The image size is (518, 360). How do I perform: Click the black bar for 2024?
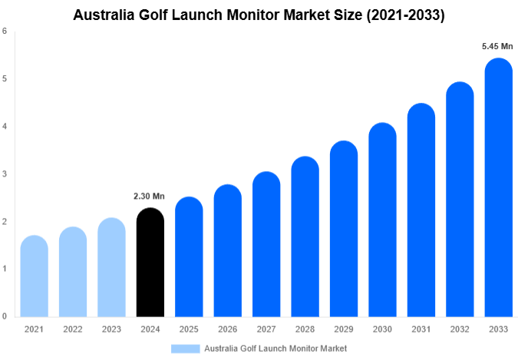click(150, 263)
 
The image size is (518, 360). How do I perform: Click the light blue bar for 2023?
click(111, 267)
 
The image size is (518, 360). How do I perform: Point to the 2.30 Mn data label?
click(150, 197)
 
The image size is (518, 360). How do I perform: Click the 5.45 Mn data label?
click(497, 47)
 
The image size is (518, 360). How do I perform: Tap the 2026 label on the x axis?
click(227, 329)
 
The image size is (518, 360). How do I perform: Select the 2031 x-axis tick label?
click(421, 329)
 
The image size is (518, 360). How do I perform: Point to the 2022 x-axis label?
click(73, 329)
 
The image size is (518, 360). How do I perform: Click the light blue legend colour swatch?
click(186, 348)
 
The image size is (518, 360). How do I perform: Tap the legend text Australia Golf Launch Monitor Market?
click(275, 348)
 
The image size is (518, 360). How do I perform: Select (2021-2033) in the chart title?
click(405, 14)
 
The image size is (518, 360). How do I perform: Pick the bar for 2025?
click(189, 257)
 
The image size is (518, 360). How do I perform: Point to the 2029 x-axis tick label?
click(343, 329)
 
